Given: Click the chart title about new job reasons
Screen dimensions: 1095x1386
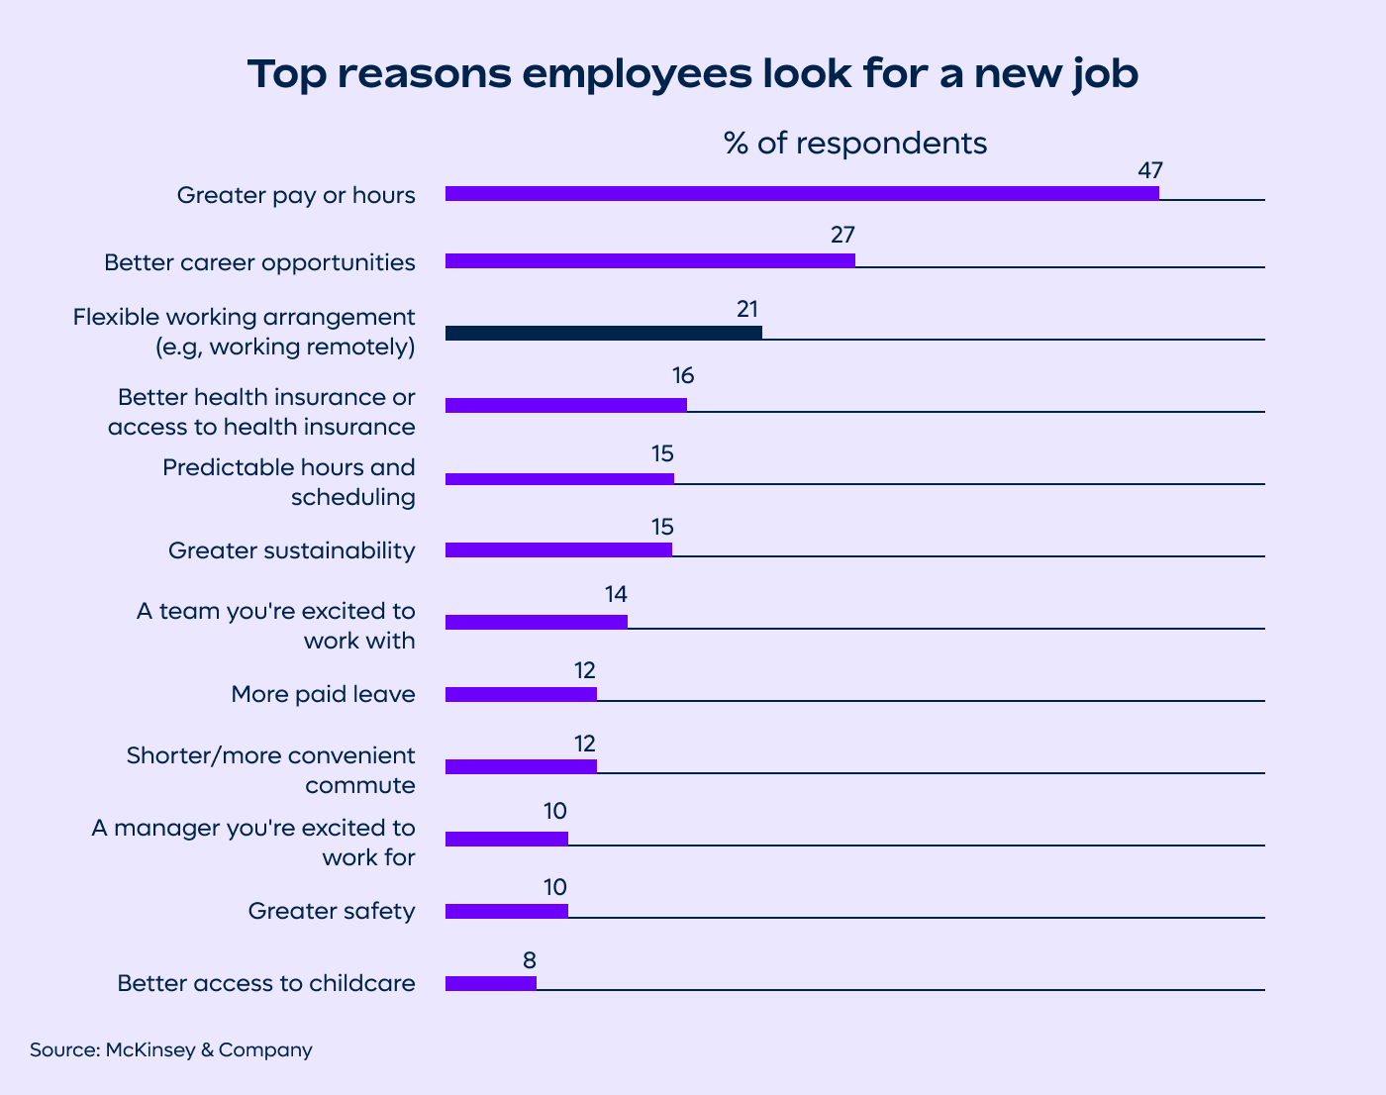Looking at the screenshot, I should point(692,74).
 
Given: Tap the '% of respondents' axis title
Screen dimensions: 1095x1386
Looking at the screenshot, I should point(855,144).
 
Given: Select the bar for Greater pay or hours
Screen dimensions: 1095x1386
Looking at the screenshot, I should point(802,193).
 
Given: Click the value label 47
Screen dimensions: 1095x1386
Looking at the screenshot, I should point(1149,169).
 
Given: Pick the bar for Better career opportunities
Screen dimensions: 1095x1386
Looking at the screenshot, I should point(649,260).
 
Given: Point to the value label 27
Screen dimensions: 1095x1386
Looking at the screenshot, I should point(842,236).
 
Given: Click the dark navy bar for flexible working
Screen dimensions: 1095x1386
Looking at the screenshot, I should point(603,333).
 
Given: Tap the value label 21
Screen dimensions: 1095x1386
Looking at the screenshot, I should point(747,309).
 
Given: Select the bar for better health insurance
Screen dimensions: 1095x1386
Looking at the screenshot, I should point(565,405).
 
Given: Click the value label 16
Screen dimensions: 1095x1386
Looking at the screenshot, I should point(682,376).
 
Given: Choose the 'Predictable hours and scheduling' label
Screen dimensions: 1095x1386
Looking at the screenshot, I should point(289,482).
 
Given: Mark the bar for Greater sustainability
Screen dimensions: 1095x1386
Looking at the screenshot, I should point(558,549).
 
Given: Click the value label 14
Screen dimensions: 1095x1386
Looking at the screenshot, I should point(616,595).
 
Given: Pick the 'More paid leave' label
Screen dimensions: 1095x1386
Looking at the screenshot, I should point(323,694).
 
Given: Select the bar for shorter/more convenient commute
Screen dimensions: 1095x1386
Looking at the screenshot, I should point(521,766).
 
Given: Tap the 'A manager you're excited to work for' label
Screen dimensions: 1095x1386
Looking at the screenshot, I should point(253,842).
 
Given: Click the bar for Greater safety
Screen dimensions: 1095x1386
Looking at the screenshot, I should point(506,911).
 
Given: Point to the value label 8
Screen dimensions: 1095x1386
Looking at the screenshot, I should point(530,960).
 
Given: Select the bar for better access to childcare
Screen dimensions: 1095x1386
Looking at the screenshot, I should point(490,983).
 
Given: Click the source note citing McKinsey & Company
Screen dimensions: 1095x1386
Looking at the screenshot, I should point(171,1049).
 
